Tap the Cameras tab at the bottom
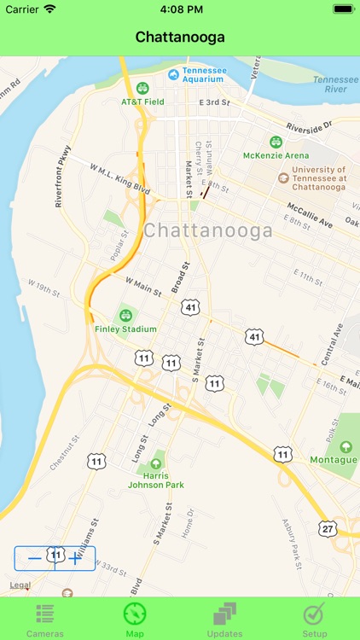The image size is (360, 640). pos(45,620)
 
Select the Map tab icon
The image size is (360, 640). pos(135,620)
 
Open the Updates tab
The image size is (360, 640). pos(225,620)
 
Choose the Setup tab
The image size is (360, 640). pos(315,620)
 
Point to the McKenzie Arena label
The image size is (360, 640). pos(276,155)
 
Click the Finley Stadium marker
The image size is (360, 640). pos(126,315)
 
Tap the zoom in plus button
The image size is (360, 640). pos(76,558)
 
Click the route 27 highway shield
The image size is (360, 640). pos(328,529)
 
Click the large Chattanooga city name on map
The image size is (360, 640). pos(208,230)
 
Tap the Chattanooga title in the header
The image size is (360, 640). pos(180,38)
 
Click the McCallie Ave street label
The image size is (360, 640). pos(310,212)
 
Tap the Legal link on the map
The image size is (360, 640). pos(20,585)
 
